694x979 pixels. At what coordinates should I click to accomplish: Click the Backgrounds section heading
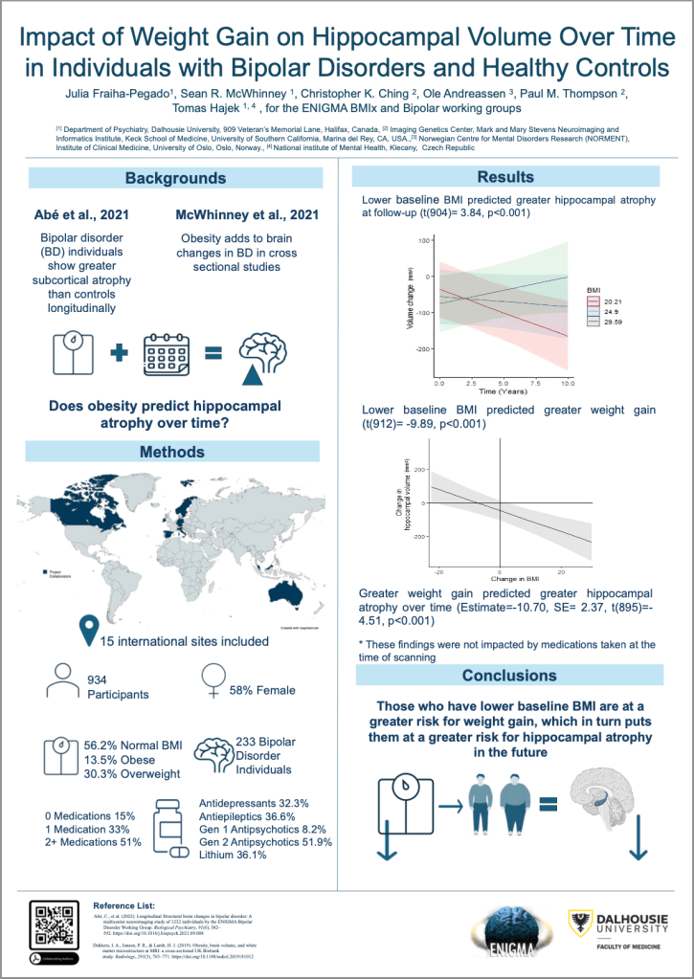[x=175, y=178]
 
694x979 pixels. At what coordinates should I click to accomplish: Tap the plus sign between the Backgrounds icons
[x=119, y=353]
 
